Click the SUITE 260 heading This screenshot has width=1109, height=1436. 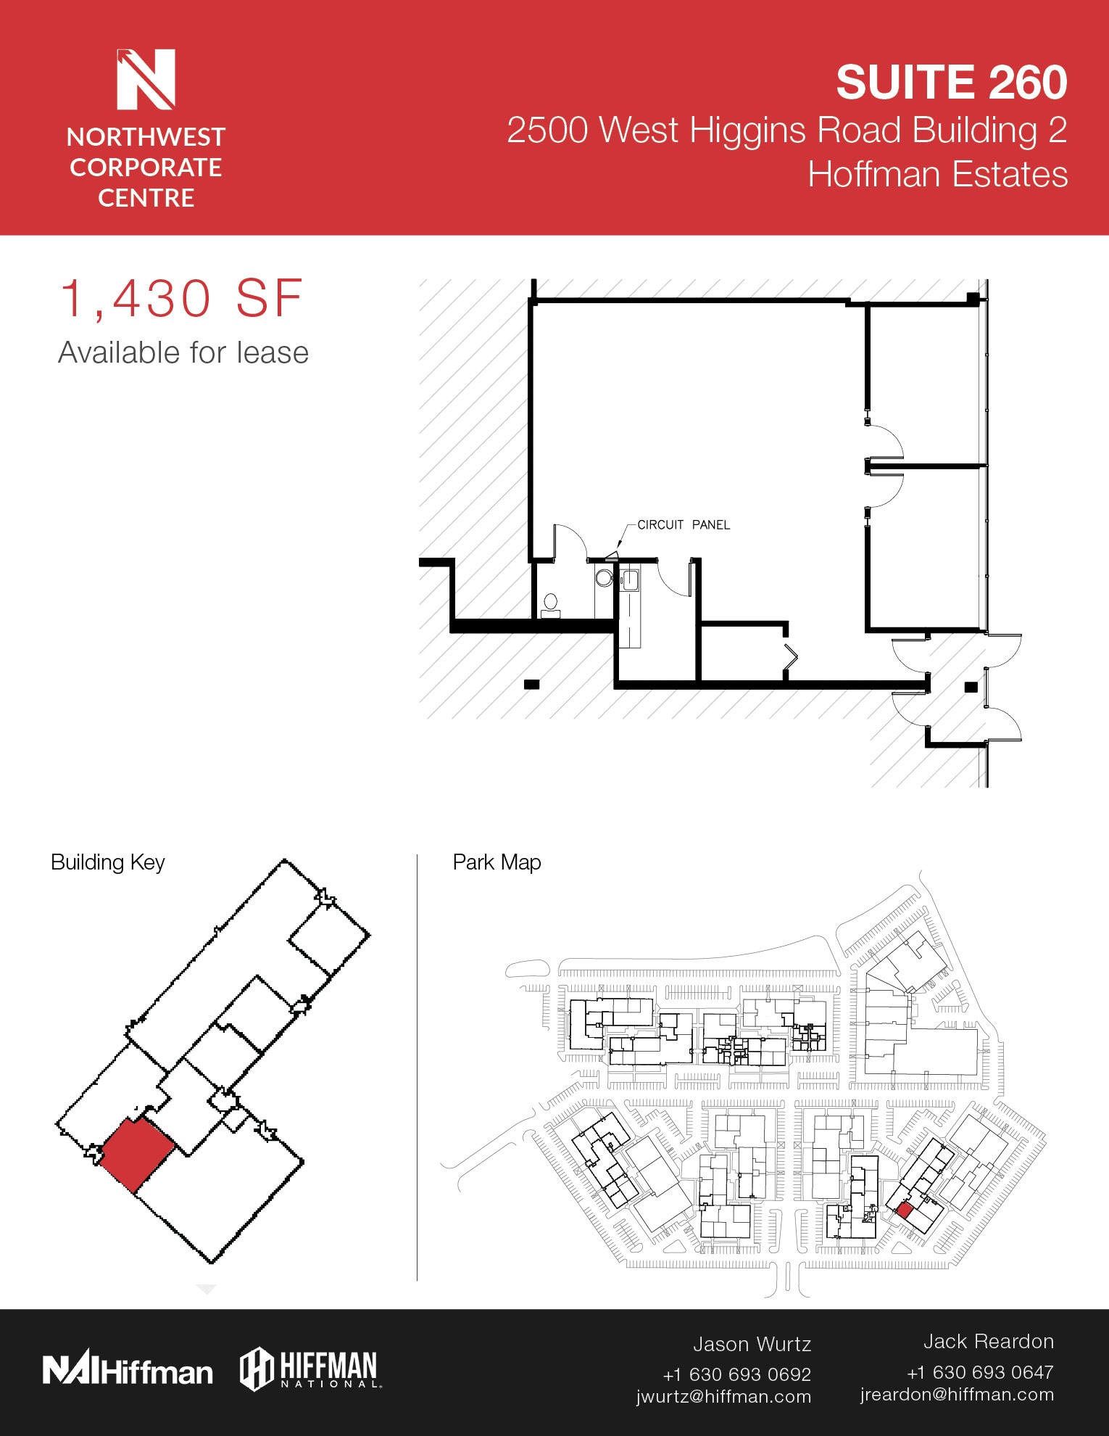(951, 82)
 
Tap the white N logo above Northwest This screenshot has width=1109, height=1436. (146, 79)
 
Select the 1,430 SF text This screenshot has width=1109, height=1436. (181, 299)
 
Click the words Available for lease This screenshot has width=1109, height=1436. (183, 353)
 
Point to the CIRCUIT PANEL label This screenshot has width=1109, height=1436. (683, 524)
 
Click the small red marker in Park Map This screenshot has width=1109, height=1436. (904, 1210)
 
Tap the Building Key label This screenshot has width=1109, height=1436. (108, 862)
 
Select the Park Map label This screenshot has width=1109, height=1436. (497, 862)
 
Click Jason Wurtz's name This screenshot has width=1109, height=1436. (752, 1344)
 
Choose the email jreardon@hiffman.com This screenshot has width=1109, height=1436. (957, 1394)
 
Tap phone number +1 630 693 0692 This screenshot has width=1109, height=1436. (736, 1374)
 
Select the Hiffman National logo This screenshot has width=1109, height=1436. (310, 1369)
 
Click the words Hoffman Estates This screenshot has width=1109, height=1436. (937, 175)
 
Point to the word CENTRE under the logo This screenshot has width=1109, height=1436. (146, 198)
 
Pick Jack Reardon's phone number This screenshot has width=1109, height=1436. (979, 1371)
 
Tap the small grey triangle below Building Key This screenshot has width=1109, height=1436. (207, 1289)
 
